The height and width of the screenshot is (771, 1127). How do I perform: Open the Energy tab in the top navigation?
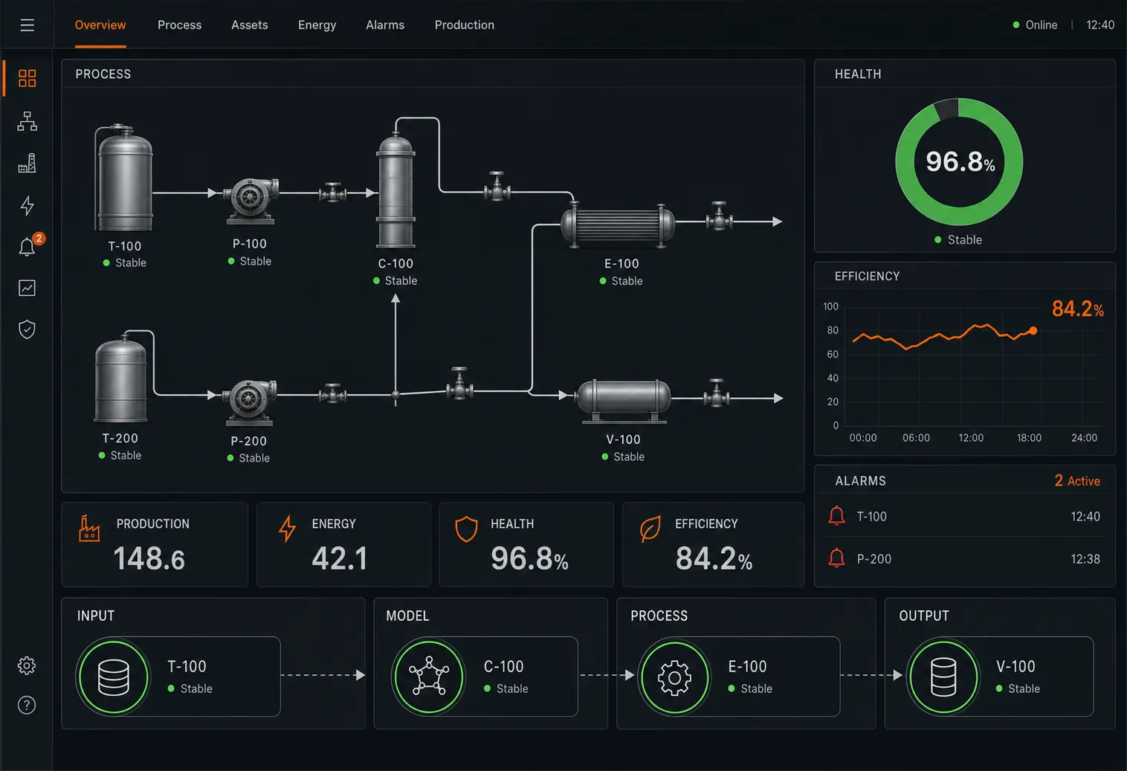(317, 25)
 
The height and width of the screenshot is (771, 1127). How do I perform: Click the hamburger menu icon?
(28, 25)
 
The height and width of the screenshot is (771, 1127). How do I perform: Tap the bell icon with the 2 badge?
(28, 247)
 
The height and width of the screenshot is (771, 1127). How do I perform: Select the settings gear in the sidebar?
(27, 665)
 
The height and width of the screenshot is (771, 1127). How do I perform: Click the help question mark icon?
(27, 705)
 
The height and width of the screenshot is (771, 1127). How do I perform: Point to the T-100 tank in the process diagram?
(123, 178)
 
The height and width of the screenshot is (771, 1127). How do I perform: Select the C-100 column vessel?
(396, 190)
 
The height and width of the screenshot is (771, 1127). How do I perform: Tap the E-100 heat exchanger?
(618, 225)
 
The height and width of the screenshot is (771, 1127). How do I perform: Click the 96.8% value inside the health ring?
(960, 161)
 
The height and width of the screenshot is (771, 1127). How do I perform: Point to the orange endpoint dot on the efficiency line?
(1033, 331)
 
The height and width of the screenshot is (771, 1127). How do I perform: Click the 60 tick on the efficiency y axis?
(833, 355)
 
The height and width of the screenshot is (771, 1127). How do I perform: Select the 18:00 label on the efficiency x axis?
(1029, 438)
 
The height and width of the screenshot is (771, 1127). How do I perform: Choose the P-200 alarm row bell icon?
(836, 558)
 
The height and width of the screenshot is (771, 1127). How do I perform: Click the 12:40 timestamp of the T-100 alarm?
(1085, 516)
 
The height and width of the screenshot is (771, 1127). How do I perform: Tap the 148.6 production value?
(149, 558)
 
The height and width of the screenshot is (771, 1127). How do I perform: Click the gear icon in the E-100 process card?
(674, 677)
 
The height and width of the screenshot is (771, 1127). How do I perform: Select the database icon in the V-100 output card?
(943, 677)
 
